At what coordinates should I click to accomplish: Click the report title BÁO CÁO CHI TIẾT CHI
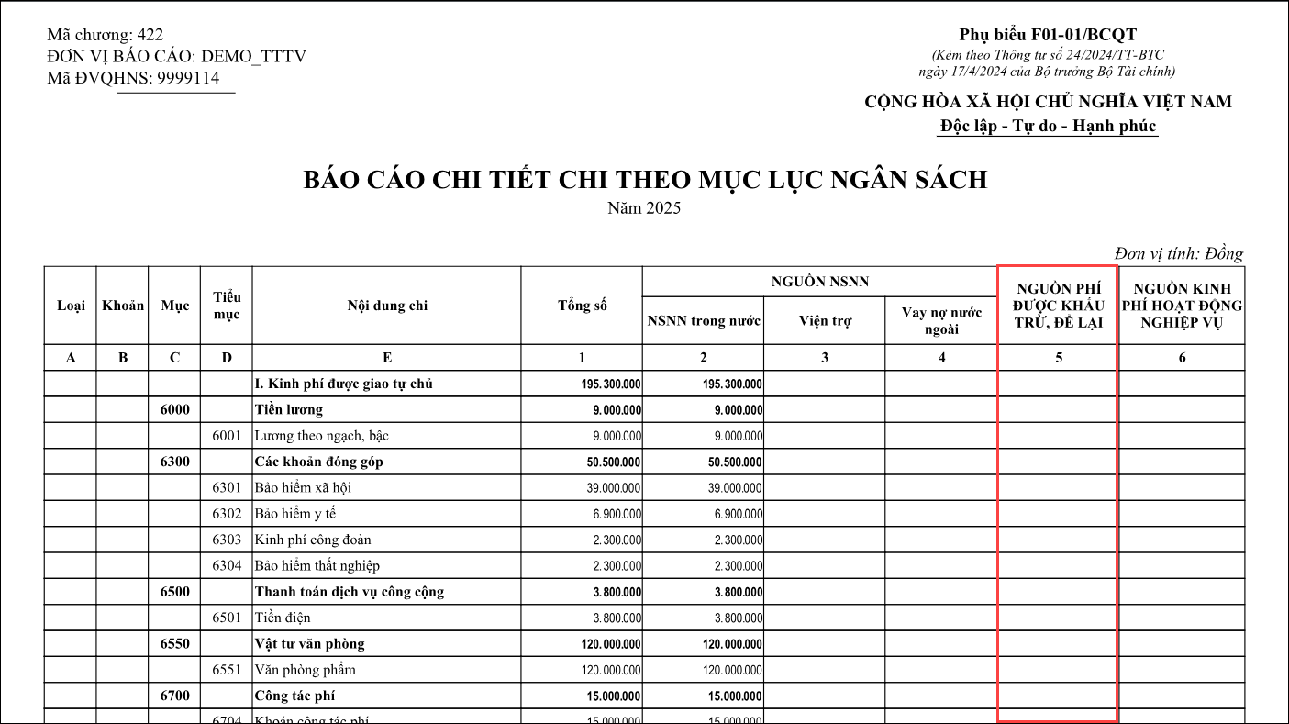(x=645, y=180)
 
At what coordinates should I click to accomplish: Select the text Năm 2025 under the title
(x=644, y=208)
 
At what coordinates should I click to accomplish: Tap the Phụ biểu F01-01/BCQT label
(x=1048, y=35)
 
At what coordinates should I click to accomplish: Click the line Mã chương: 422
(x=105, y=35)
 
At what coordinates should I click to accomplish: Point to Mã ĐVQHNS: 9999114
(x=133, y=78)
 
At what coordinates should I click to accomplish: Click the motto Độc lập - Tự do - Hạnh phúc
(x=1048, y=126)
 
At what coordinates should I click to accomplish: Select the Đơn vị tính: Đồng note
(x=1178, y=254)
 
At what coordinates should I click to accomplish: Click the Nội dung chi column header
(x=386, y=306)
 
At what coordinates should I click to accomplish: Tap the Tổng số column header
(x=582, y=306)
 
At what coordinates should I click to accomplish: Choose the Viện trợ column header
(x=824, y=321)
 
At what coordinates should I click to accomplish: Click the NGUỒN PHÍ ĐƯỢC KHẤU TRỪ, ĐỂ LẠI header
(x=1058, y=306)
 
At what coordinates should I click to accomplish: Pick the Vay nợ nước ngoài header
(x=941, y=321)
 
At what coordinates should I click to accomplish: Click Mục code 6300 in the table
(x=174, y=462)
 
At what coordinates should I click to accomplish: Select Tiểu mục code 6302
(x=227, y=514)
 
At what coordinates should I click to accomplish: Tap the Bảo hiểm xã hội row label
(x=303, y=487)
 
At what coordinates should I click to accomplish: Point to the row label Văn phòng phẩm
(x=305, y=670)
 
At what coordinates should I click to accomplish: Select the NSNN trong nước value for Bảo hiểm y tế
(x=738, y=514)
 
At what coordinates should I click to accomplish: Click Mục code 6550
(x=174, y=643)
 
